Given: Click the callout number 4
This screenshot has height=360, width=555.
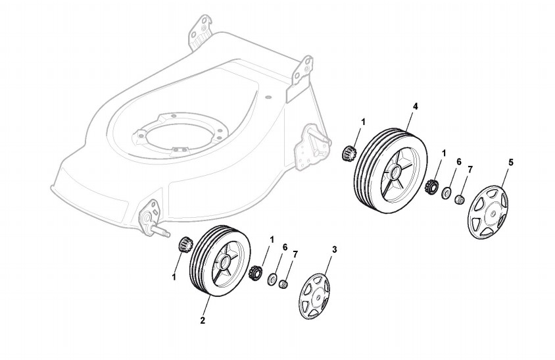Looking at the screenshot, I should (415, 106).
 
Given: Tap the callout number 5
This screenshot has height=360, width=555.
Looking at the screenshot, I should (511, 162).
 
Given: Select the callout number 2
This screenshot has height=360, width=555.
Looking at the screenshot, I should (203, 321).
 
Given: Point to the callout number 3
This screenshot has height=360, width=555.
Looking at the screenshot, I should (334, 249).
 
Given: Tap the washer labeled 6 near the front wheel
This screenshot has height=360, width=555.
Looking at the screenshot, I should (272, 280).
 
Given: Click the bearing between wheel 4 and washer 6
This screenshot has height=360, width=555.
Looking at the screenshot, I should (432, 187).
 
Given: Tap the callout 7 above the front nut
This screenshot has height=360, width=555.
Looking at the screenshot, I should (295, 254).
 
